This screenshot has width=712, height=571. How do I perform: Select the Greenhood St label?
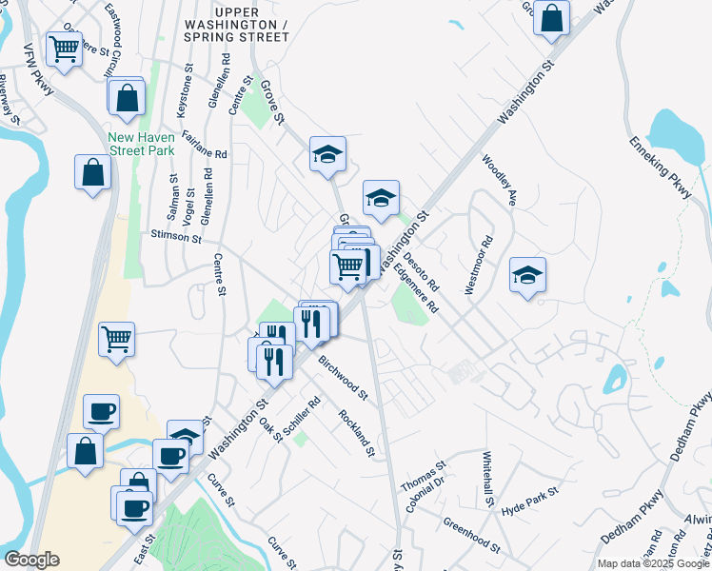tap(471, 535)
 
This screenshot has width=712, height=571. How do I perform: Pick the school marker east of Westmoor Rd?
tap(527, 275)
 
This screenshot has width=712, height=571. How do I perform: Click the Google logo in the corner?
tap(31, 560)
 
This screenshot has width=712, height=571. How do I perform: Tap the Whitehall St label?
tap(489, 478)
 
